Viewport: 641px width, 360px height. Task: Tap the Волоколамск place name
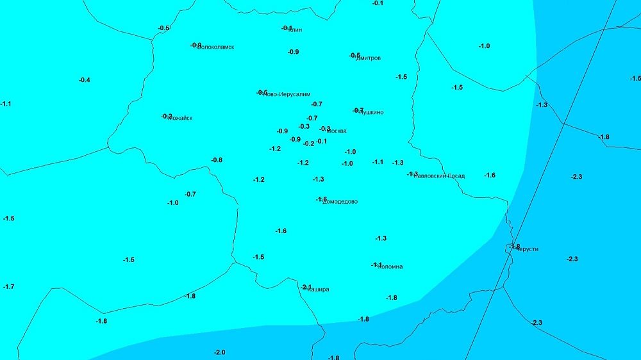click(x=216, y=47)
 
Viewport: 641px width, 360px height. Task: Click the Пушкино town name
click(x=371, y=112)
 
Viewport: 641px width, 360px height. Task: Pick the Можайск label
click(x=180, y=118)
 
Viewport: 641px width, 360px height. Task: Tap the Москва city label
click(x=337, y=131)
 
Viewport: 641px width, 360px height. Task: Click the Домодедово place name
click(x=340, y=201)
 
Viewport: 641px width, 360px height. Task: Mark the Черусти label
click(x=526, y=249)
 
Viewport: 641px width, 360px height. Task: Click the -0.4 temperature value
click(x=85, y=80)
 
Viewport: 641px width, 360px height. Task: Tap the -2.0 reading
click(x=219, y=352)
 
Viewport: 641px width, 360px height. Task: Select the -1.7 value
click(x=8, y=286)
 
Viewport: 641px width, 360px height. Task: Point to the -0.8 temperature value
click(x=217, y=160)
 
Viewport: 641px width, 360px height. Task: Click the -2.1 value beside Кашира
click(x=306, y=287)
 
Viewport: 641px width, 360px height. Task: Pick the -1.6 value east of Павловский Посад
click(x=490, y=175)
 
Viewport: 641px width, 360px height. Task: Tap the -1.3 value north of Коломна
click(x=381, y=238)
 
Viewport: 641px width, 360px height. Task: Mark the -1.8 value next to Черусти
click(x=514, y=247)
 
